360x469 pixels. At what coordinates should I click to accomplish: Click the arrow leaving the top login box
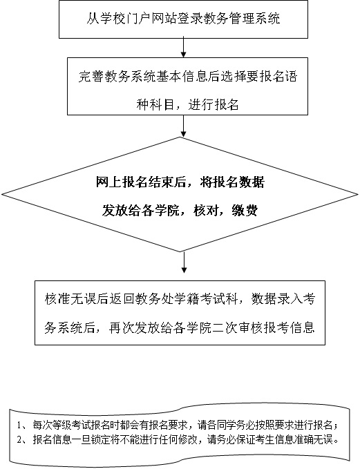183,48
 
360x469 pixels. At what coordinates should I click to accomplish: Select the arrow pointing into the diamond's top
183,126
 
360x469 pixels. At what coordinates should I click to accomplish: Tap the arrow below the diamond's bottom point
184,262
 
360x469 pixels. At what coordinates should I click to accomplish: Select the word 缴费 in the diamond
245,210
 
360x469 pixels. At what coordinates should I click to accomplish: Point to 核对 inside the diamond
206,210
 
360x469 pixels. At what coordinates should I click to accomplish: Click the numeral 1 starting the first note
19,425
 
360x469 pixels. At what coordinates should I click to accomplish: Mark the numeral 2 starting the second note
19,440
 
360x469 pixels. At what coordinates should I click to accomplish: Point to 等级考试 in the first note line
66,425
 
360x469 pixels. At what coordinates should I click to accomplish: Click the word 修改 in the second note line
189,440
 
